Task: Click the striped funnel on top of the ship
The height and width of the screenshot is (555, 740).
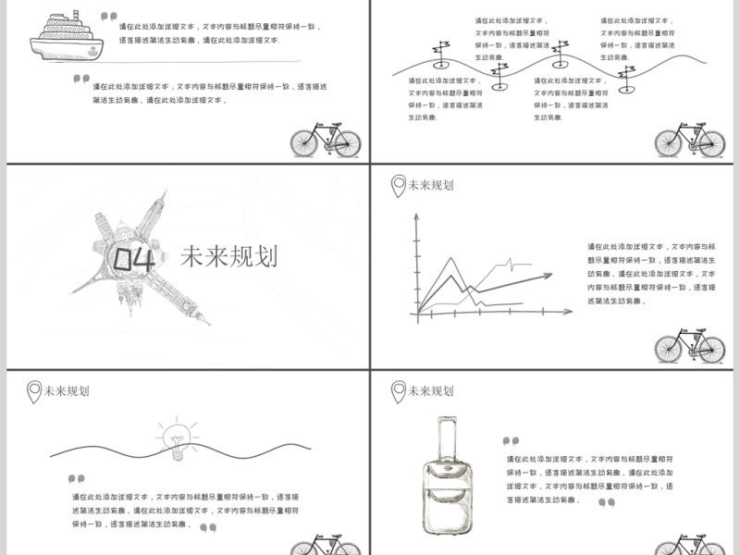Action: pyautogui.click(x=56, y=17)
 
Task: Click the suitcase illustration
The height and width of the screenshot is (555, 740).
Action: pyautogui.click(x=448, y=475)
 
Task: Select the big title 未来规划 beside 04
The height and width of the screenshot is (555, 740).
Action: pyautogui.click(x=228, y=256)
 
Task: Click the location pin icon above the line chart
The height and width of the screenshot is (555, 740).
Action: pyautogui.click(x=397, y=186)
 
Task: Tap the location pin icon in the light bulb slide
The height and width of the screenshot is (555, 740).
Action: pyautogui.click(x=34, y=391)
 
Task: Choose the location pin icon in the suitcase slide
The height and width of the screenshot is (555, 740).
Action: pyautogui.click(x=398, y=391)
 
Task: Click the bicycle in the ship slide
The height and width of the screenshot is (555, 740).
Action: pyautogui.click(x=326, y=142)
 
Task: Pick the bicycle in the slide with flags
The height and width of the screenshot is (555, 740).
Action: pyautogui.click(x=689, y=141)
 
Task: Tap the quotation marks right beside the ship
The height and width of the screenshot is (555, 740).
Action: pyautogui.click(x=108, y=16)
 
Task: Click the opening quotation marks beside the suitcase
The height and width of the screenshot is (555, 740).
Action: pyautogui.click(x=511, y=441)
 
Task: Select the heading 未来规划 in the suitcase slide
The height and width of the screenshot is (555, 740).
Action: pyautogui.click(x=431, y=391)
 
